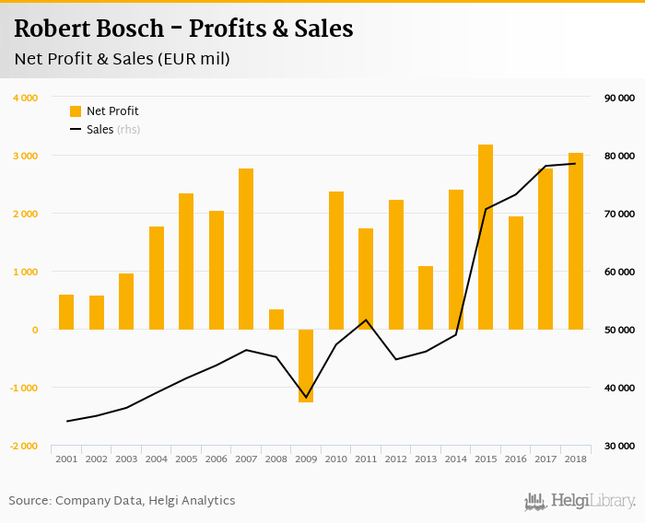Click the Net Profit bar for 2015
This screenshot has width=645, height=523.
click(x=486, y=237)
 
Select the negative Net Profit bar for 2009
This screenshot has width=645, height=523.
click(x=306, y=366)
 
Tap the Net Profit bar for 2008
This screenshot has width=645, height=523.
click(x=276, y=320)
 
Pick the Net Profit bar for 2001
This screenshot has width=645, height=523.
click(x=66, y=312)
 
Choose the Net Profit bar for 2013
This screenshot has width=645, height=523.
click(x=426, y=297)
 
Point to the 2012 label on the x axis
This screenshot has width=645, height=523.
click(x=395, y=459)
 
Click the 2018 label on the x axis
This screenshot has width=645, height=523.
click(x=575, y=459)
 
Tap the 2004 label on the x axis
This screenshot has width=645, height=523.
click(x=156, y=459)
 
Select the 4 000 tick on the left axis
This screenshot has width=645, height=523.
click(x=25, y=98)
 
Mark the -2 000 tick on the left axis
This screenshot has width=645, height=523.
click(x=23, y=446)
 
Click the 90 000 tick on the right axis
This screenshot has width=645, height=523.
click(x=619, y=98)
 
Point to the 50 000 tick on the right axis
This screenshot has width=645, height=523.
click(x=619, y=330)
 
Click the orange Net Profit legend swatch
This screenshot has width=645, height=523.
click(x=76, y=111)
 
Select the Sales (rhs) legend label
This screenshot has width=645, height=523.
click(x=113, y=130)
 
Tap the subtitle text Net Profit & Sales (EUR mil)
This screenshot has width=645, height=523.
click(x=122, y=59)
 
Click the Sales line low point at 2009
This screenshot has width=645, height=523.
click(x=306, y=397)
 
